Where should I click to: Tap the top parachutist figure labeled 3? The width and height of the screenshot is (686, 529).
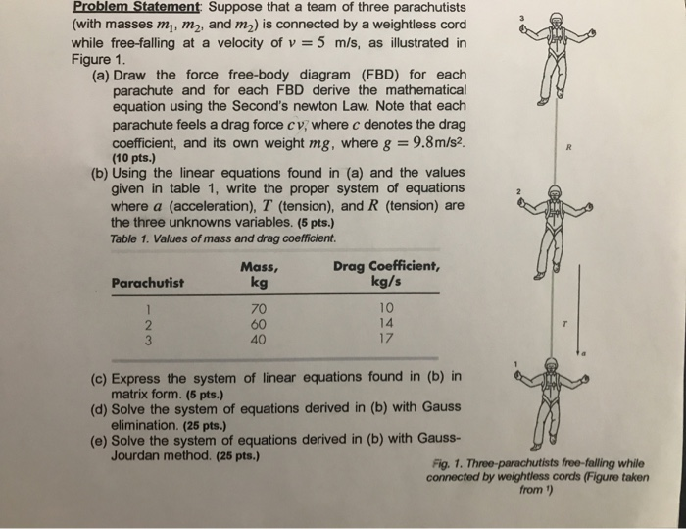[556, 59]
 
